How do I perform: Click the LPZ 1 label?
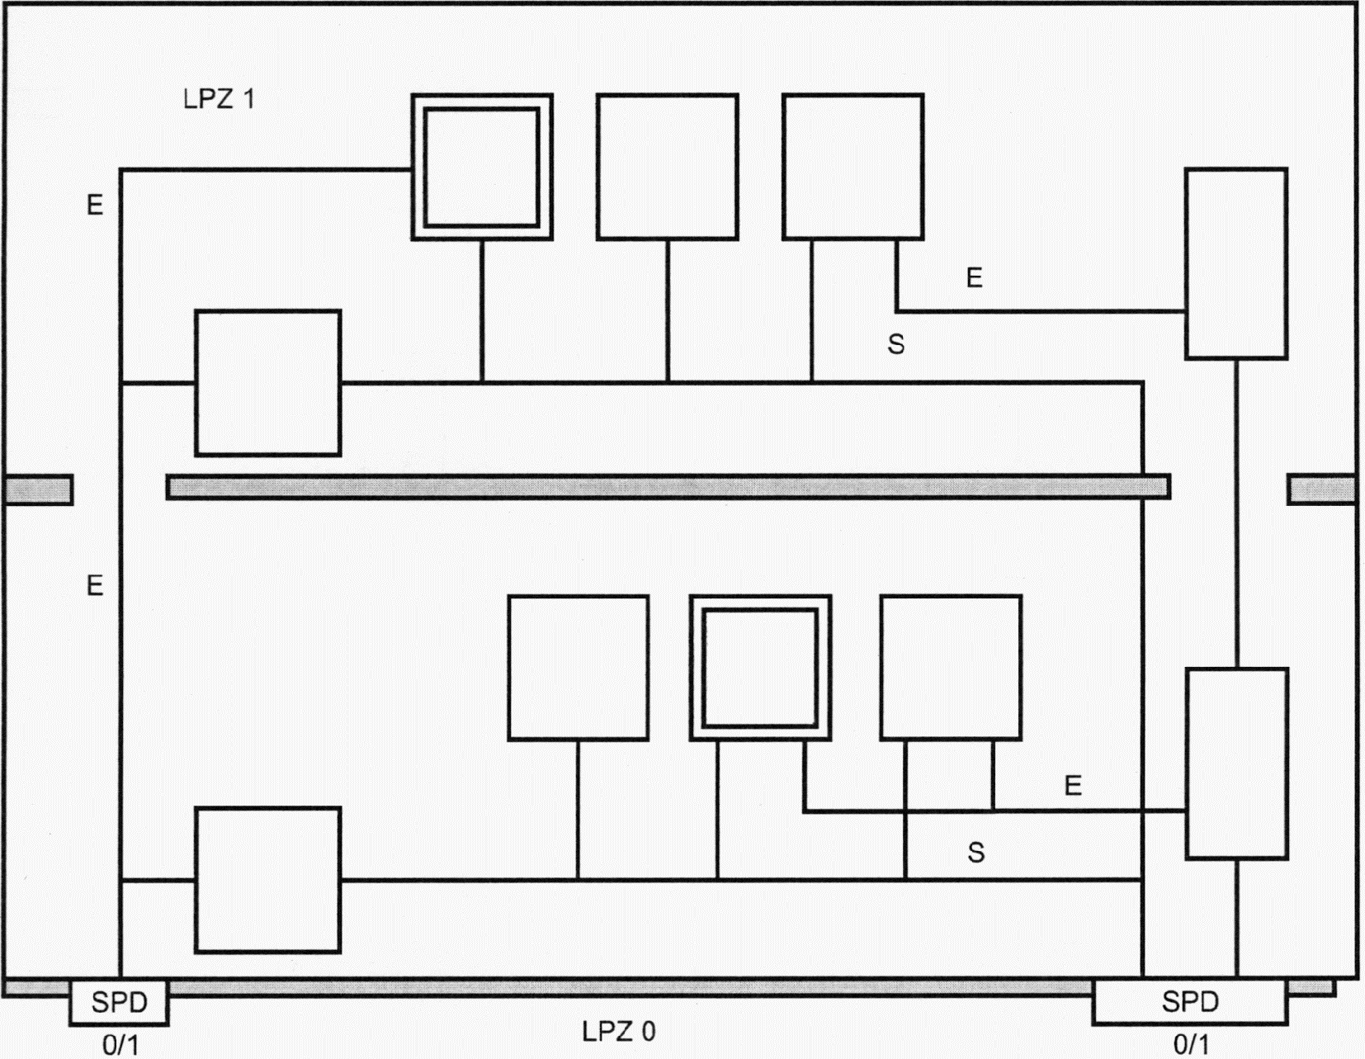(219, 100)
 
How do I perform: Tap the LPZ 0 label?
(619, 1031)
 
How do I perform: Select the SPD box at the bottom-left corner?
(119, 1002)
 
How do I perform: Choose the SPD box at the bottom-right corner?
(1189, 1001)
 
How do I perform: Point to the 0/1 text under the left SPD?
(120, 1045)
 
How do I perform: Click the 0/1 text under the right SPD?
(1191, 1045)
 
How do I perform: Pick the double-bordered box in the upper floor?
(482, 167)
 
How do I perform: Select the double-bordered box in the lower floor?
(760, 668)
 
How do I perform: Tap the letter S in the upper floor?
(896, 344)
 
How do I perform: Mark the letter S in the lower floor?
(976, 853)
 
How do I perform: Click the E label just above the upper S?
(975, 278)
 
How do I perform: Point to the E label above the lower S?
(1073, 786)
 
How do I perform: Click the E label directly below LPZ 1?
(95, 205)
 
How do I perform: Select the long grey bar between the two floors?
(668, 487)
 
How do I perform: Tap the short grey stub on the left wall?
(38, 489)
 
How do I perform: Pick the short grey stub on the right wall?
(1321, 489)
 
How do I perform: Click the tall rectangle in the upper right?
(1235, 263)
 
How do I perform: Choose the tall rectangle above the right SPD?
(1236, 764)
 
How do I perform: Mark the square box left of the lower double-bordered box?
(578, 668)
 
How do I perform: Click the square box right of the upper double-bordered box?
(667, 167)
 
